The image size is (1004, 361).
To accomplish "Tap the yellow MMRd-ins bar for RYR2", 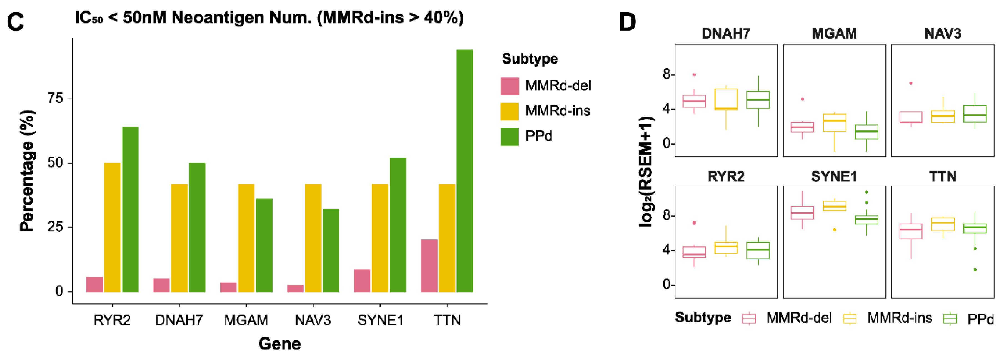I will (x=112, y=228).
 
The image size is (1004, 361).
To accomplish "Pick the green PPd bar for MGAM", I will (x=264, y=245).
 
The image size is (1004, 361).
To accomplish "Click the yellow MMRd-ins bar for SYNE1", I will (x=380, y=238).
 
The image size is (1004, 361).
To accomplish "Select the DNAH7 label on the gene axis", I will (x=179, y=320).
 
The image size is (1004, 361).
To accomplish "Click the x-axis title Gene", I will (x=279, y=344).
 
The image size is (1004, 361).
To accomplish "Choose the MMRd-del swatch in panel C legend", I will (x=510, y=86).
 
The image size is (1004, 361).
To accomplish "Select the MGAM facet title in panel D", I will (x=834, y=34).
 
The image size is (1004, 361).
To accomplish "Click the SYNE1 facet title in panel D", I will (x=834, y=177).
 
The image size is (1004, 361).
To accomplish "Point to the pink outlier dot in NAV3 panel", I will (x=911, y=83).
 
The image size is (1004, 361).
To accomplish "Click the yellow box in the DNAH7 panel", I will (x=726, y=99).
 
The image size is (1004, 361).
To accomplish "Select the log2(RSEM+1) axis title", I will (x=646, y=171).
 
